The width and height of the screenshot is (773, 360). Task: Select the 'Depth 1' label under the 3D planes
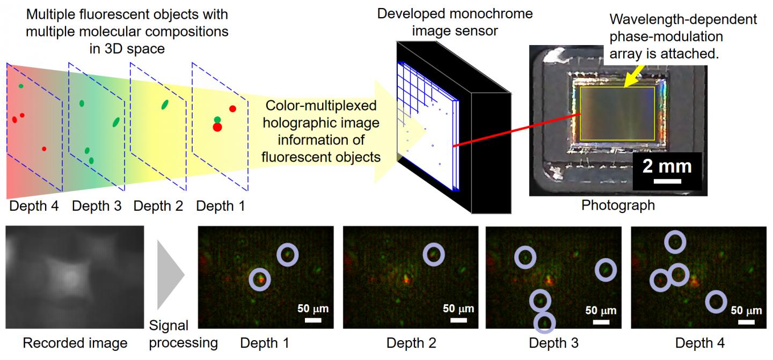[x=220, y=205]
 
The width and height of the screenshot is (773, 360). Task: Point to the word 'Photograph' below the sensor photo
[x=618, y=205]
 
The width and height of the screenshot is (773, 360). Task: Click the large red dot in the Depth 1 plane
[x=217, y=127]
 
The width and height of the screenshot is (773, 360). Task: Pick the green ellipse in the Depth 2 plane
[x=164, y=105]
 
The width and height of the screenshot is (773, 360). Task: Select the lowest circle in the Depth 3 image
[x=545, y=322]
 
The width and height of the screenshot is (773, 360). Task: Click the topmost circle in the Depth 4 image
[x=675, y=243]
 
